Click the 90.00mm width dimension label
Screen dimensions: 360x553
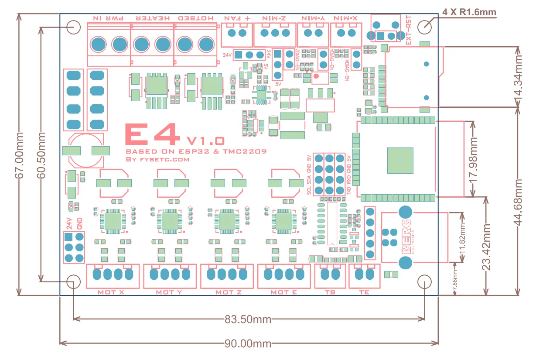248,343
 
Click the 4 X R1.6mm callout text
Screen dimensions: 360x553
469,12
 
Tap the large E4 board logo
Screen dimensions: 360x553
152,134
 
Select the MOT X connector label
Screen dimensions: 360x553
111,292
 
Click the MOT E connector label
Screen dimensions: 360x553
283,292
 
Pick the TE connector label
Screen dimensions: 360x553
364,292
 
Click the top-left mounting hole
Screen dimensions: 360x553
74,27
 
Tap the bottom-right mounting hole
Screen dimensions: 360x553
424,281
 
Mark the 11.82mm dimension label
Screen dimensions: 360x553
462,237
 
